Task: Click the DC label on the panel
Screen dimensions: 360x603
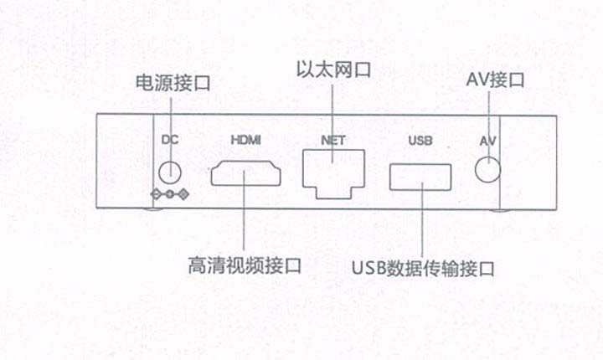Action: (x=169, y=140)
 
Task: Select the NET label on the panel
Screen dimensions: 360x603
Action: (x=332, y=140)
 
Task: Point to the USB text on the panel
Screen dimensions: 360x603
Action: (x=418, y=140)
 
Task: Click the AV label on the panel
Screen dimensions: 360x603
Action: (x=487, y=140)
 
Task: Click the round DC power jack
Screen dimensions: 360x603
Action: (x=170, y=172)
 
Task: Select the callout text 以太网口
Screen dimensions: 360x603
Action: (x=333, y=69)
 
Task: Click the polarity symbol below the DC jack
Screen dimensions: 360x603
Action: (x=170, y=196)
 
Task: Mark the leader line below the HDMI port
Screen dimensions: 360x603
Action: (x=244, y=222)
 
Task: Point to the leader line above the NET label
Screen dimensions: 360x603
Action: (x=332, y=105)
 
